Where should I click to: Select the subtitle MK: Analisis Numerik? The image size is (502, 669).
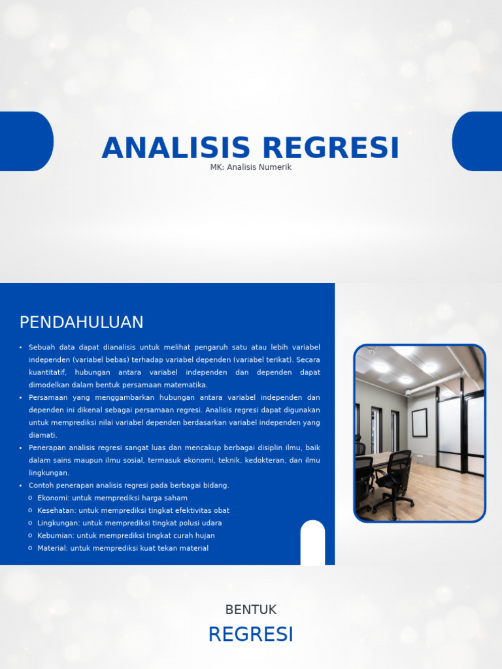coord(250,167)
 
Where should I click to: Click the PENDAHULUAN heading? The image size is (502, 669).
coord(81,322)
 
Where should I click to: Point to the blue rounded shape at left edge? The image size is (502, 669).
coord(25,141)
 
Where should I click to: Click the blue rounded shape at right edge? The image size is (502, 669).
coord(478,141)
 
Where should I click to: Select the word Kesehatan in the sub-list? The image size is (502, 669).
coord(55,510)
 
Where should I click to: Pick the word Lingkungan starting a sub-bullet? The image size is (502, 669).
coord(57,523)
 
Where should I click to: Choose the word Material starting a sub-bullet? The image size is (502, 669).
coord(52,548)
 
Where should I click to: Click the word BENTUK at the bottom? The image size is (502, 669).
coord(251,610)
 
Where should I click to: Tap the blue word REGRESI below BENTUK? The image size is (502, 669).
coord(251,634)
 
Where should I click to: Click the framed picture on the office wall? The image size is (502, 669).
coord(419,423)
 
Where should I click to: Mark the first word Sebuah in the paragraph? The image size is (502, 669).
coord(42,347)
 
